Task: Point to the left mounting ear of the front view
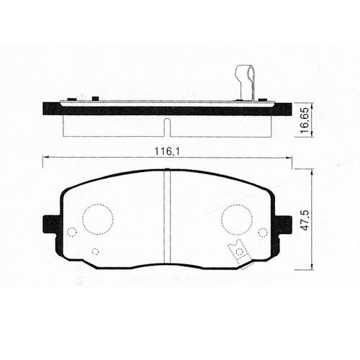pos(52,225)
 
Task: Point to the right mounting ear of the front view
pos(282,225)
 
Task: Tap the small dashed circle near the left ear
pos(71,232)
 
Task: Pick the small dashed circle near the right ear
pos(262,232)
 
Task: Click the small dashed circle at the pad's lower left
pos(95,251)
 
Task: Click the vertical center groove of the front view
pos(167,216)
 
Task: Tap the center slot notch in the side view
pos(167,127)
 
